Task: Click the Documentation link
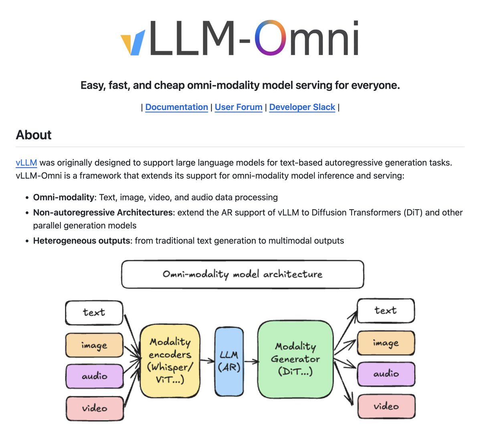(x=176, y=107)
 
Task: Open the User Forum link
(x=238, y=107)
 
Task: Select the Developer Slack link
(x=302, y=107)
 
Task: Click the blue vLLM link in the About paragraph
(x=26, y=163)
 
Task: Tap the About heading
(x=34, y=135)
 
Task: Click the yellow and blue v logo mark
(x=133, y=43)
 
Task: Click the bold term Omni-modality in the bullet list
(x=63, y=198)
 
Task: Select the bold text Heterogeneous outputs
(x=82, y=241)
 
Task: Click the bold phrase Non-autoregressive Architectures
(x=103, y=212)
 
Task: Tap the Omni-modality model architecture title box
(x=243, y=274)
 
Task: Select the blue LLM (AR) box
(x=229, y=361)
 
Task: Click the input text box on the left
(x=94, y=312)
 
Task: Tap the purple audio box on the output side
(x=386, y=374)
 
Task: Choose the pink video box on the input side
(x=95, y=408)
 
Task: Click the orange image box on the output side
(x=386, y=343)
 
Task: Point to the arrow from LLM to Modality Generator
(x=251, y=362)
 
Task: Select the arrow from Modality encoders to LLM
(x=207, y=361)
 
